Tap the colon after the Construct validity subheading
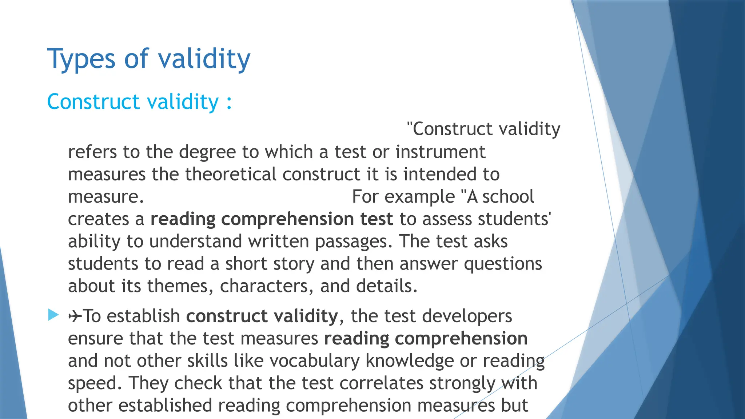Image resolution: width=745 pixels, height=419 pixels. point(229,102)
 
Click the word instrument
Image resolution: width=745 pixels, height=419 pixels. point(440,152)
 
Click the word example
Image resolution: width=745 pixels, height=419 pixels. point(419,197)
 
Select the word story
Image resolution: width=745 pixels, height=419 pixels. point(294,264)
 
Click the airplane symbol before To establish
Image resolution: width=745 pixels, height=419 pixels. point(75,316)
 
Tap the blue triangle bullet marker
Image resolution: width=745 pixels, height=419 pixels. point(53,315)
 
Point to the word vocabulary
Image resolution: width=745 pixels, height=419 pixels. point(314,361)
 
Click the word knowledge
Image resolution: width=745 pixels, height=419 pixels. point(410,361)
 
